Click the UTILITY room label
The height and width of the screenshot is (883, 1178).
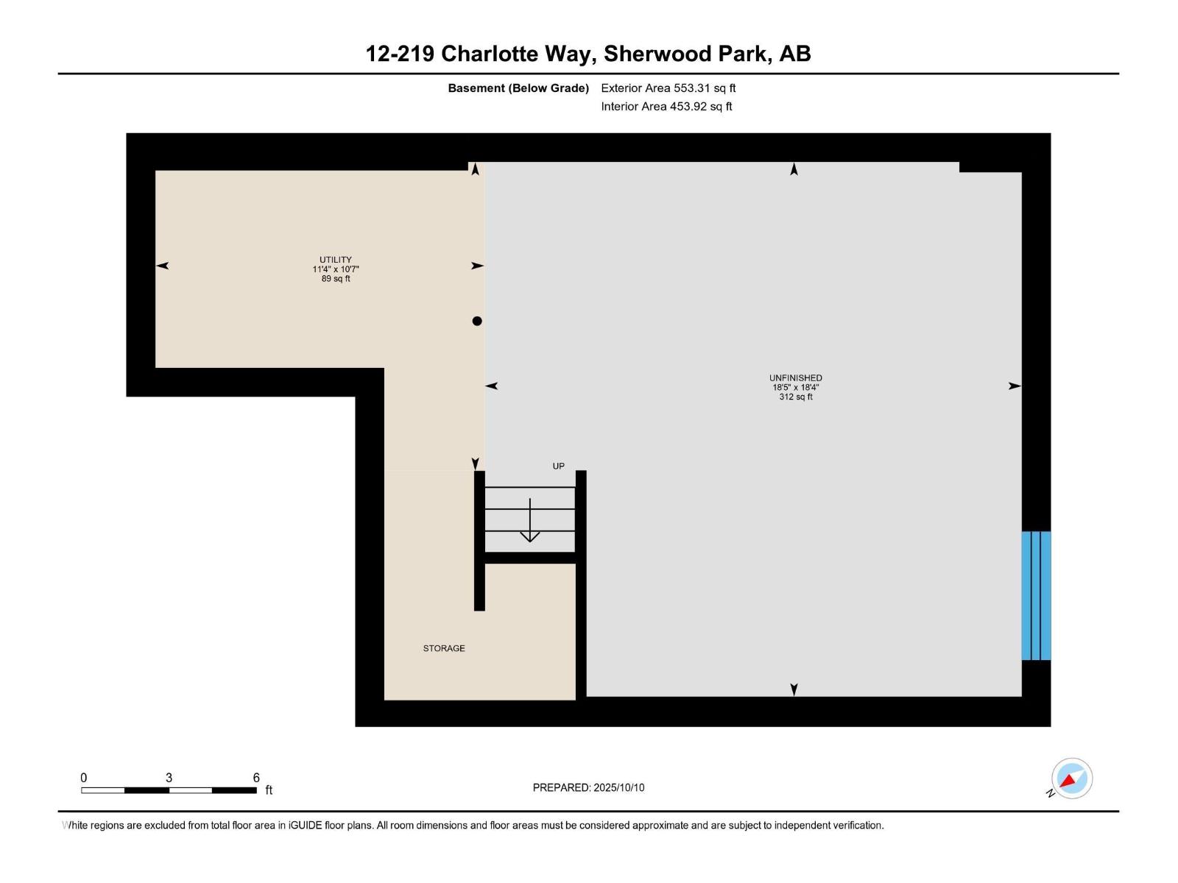pyautogui.click(x=335, y=260)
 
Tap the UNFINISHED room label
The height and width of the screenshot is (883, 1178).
pyautogui.click(x=795, y=378)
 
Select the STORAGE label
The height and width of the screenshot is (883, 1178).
pyautogui.click(x=444, y=648)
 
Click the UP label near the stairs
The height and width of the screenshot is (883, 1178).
pyautogui.click(x=559, y=466)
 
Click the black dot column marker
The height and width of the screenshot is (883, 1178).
pyautogui.click(x=477, y=321)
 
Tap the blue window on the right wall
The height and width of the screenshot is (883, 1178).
pyautogui.click(x=1036, y=595)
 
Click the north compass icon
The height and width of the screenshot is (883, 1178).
pyautogui.click(x=1071, y=779)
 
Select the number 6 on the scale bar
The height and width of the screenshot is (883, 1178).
pyautogui.click(x=256, y=778)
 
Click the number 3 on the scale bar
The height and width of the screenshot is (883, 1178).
pyautogui.click(x=169, y=778)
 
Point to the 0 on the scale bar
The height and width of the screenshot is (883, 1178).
pyautogui.click(x=84, y=778)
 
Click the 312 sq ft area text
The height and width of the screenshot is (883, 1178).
pyautogui.click(x=795, y=397)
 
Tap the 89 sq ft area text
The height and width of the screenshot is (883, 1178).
pyautogui.click(x=335, y=279)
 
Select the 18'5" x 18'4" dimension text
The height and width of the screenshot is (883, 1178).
pyautogui.click(x=795, y=388)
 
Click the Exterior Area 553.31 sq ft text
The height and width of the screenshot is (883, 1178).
pyautogui.click(x=668, y=88)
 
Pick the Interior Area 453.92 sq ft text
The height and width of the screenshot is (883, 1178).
pyautogui.click(x=666, y=107)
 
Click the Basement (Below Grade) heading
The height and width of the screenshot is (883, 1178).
pyautogui.click(x=518, y=88)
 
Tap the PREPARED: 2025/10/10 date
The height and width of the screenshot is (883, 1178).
pyautogui.click(x=588, y=787)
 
